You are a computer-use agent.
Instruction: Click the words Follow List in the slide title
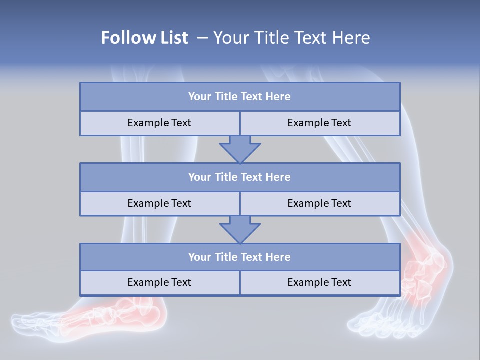tap(144, 38)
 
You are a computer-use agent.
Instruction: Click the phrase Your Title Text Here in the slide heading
tap(291, 38)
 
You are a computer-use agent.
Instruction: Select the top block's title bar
tap(240, 97)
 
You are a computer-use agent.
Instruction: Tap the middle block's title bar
tap(240, 177)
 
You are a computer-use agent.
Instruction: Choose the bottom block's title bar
tap(240, 257)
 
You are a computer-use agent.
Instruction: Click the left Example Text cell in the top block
tap(159, 123)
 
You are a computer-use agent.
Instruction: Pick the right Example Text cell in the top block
tap(319, 123)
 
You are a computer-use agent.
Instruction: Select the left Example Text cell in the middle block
tap(159, 204)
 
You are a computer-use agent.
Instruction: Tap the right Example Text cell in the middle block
tap(319, 204)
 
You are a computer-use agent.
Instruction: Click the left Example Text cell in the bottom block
tap(159, 283)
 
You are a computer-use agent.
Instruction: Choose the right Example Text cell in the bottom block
tap(319, 283)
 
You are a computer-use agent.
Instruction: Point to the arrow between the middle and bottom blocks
tap(240, 229)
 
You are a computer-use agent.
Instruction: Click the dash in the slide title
tap(202, 38)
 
